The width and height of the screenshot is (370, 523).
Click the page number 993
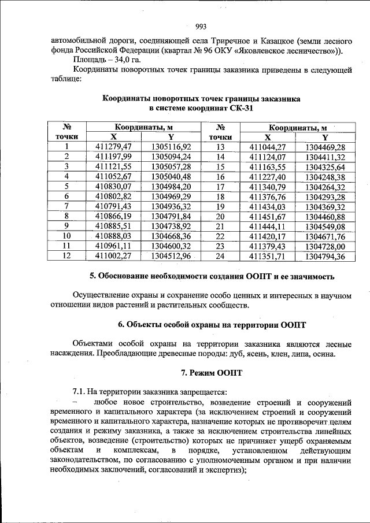coord(201,26)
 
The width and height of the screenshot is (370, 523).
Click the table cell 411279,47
coord(114,147)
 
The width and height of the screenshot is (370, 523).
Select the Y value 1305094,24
coord(171,157)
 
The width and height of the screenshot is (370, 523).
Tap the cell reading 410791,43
coord(114,206)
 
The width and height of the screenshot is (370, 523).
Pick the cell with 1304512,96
coord(171,255)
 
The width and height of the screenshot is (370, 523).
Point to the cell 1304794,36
coord(325,255)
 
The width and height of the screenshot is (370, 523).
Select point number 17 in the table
coord(220,186)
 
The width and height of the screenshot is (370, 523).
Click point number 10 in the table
coord(66,235)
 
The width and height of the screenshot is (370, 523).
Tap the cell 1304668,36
coord(171,235)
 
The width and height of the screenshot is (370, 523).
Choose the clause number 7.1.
coord(80,392)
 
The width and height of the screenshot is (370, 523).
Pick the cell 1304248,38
coord(325,176)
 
